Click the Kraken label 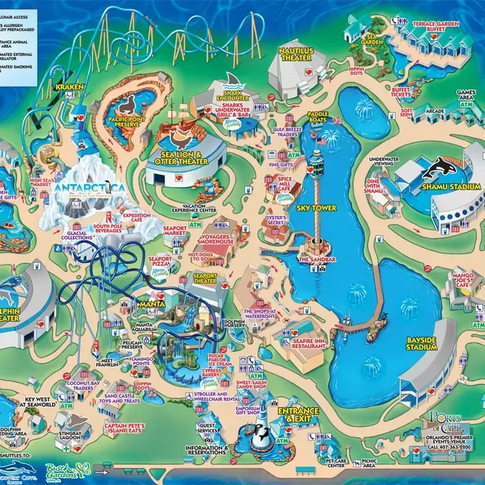click(x=67, y=86)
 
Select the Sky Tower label click(x=316, y=208)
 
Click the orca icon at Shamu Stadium click(x=437, y=168)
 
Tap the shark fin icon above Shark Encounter click(x=233, y=81)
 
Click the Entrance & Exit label click(x=298, y=415)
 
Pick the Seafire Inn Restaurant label click(x=308, y=343)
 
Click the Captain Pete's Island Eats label click(x=124, y=429)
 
